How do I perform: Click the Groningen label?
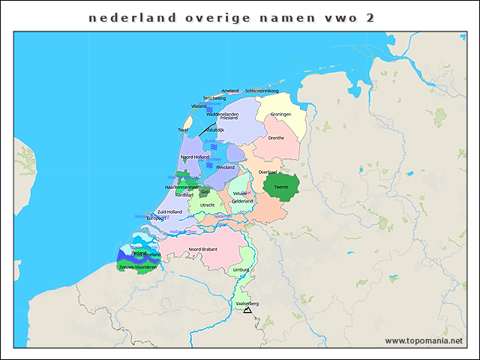coord(280,114)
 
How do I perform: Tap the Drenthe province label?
coord(276,138)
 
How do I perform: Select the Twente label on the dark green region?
coord(281,187)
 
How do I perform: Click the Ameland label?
coord(230,91)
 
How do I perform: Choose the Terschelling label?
coord(214,98)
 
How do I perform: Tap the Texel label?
coord(183,130)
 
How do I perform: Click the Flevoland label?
coord(226,168)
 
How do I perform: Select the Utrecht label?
coord(208,205)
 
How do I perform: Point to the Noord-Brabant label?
coord(202,249)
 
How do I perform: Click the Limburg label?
coord(241,269)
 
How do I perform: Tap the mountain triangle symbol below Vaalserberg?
coord(247,310)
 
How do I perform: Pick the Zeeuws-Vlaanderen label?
coord(138,267)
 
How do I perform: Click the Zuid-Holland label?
coord(169,211)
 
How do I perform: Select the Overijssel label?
coord(268,172)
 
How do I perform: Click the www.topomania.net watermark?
coord(424,340)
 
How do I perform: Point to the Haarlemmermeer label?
coord(181,187)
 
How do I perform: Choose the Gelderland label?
coord(242,201)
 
